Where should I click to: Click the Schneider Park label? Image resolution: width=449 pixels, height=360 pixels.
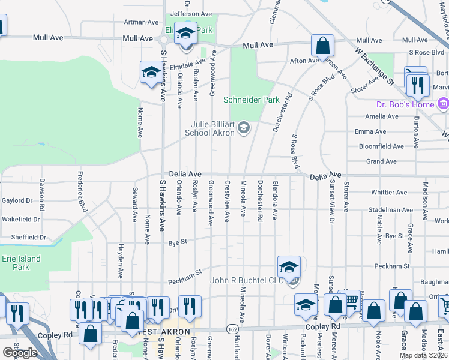(252, 100)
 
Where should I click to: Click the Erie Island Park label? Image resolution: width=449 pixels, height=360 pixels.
(16, 262)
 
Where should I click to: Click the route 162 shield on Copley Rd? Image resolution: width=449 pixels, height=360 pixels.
(231, 329)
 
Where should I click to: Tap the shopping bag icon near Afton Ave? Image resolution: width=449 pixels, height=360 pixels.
(322, 46)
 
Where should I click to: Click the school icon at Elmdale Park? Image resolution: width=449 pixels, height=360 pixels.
(186, 34)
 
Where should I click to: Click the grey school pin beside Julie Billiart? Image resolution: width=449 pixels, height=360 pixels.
(244, 127)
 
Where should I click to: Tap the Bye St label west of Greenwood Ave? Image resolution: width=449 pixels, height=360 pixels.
(178, 242)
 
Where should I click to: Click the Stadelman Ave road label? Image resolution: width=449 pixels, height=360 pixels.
(390, 211)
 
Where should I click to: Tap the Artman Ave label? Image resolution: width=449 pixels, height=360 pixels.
(141, 23)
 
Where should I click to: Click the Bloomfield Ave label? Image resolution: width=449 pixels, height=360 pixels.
(381, 146)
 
